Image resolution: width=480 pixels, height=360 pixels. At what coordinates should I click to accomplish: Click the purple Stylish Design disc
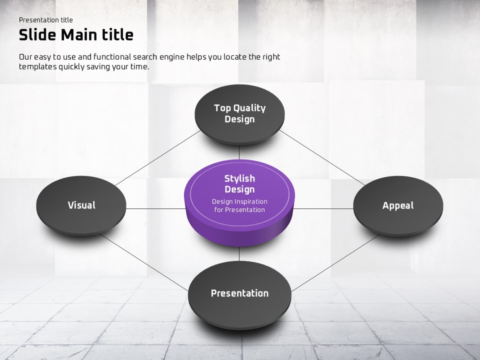(x=239, y=202)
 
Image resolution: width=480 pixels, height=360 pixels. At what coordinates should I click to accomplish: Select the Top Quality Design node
(x=239, y=114)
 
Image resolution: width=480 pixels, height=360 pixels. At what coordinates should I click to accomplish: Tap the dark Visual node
(x=81, y=205)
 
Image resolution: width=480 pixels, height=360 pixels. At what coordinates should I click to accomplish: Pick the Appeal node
(x=398, y=206)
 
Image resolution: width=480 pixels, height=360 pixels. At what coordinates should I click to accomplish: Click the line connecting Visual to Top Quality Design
(x=157, y=158)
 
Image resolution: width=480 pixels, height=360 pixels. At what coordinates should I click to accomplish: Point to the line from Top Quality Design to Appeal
(x=322, y=157)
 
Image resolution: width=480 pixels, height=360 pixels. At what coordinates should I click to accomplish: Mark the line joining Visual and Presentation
(x=144, y=262)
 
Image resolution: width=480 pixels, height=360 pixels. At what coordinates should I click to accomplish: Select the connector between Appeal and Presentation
(x=335, y=263)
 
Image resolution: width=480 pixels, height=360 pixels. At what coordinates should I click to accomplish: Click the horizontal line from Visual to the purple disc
(x=156, y=209)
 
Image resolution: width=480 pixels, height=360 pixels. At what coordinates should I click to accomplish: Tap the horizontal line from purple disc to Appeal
(x=323, y=209)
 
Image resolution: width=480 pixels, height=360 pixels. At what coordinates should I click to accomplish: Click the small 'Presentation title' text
(x=46, y=20)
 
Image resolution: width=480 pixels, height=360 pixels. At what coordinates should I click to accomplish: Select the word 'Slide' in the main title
(x=37, y=35)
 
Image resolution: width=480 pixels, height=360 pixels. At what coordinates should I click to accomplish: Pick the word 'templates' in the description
(x=37, y=66)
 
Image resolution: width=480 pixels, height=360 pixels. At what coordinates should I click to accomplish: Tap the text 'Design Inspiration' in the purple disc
(x=239, y=201)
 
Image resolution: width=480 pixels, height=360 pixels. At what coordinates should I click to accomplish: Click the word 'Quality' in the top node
(x=249, y=108)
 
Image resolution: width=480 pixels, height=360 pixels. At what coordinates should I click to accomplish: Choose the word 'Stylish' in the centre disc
(x=239, y=179)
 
